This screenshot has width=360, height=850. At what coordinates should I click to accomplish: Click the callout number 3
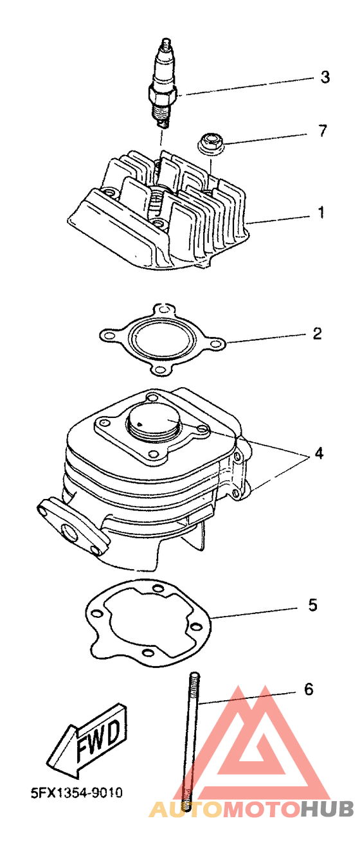click(x=325, y=77)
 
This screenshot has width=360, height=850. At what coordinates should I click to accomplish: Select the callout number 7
click(x=322, y=131)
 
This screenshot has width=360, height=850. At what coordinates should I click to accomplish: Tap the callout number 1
click(x=321, y=212)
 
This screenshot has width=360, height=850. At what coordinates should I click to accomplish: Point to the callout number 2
click(x=317, y=333)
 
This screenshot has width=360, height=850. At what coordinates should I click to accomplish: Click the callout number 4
click(x=319, y=453)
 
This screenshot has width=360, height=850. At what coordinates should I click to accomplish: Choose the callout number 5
click(x=312, y=605)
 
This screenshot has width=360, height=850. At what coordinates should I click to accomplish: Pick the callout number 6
click(x=309, y=689)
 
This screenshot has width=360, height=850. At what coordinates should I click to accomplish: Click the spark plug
click(x=164, y=84)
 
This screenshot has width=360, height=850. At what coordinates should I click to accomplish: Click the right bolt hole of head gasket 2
click(x=216, y=344)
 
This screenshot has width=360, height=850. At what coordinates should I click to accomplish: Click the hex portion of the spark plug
click(x=163, y=94)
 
